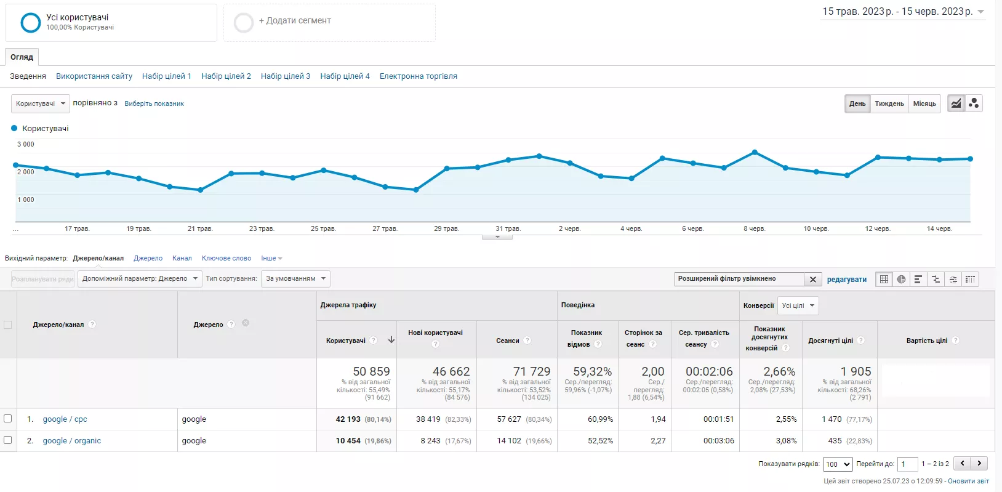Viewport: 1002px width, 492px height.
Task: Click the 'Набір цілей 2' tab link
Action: (x=226, y=76)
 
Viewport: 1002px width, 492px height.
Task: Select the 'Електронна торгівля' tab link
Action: (x=419, y=76)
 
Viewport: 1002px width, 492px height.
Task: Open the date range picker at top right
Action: (x=903, y=12)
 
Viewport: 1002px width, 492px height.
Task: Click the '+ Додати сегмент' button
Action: (x=295, y=20)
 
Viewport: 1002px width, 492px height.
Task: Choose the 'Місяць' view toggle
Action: (x=924, y=103)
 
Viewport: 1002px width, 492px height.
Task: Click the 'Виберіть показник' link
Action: (x=154, y=103)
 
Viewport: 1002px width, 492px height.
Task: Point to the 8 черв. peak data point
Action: (x=755, y=152)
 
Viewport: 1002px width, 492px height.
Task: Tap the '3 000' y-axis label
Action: (x=25, y=144)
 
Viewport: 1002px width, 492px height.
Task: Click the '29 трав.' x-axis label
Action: (x=446, y=229)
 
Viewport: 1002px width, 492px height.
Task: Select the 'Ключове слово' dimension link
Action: (x=226, y=258)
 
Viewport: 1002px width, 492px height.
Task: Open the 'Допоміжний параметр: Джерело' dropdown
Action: (x=140, y=278)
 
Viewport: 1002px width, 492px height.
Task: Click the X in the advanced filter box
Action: (x=813, y=280)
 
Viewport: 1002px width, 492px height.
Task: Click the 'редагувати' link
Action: (x=846, y=280)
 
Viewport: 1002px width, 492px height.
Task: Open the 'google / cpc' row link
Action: (x=65, y=419)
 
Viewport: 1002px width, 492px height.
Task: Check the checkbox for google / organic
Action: (x=7, y=440)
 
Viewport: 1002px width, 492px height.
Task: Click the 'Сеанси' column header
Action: (x=507, y=341)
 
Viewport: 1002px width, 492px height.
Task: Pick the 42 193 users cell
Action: (x=348, y=419)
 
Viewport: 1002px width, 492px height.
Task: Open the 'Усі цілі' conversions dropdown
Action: (x=798, y=305)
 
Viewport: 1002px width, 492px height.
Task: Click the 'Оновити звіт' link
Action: (x=968, y=481)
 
